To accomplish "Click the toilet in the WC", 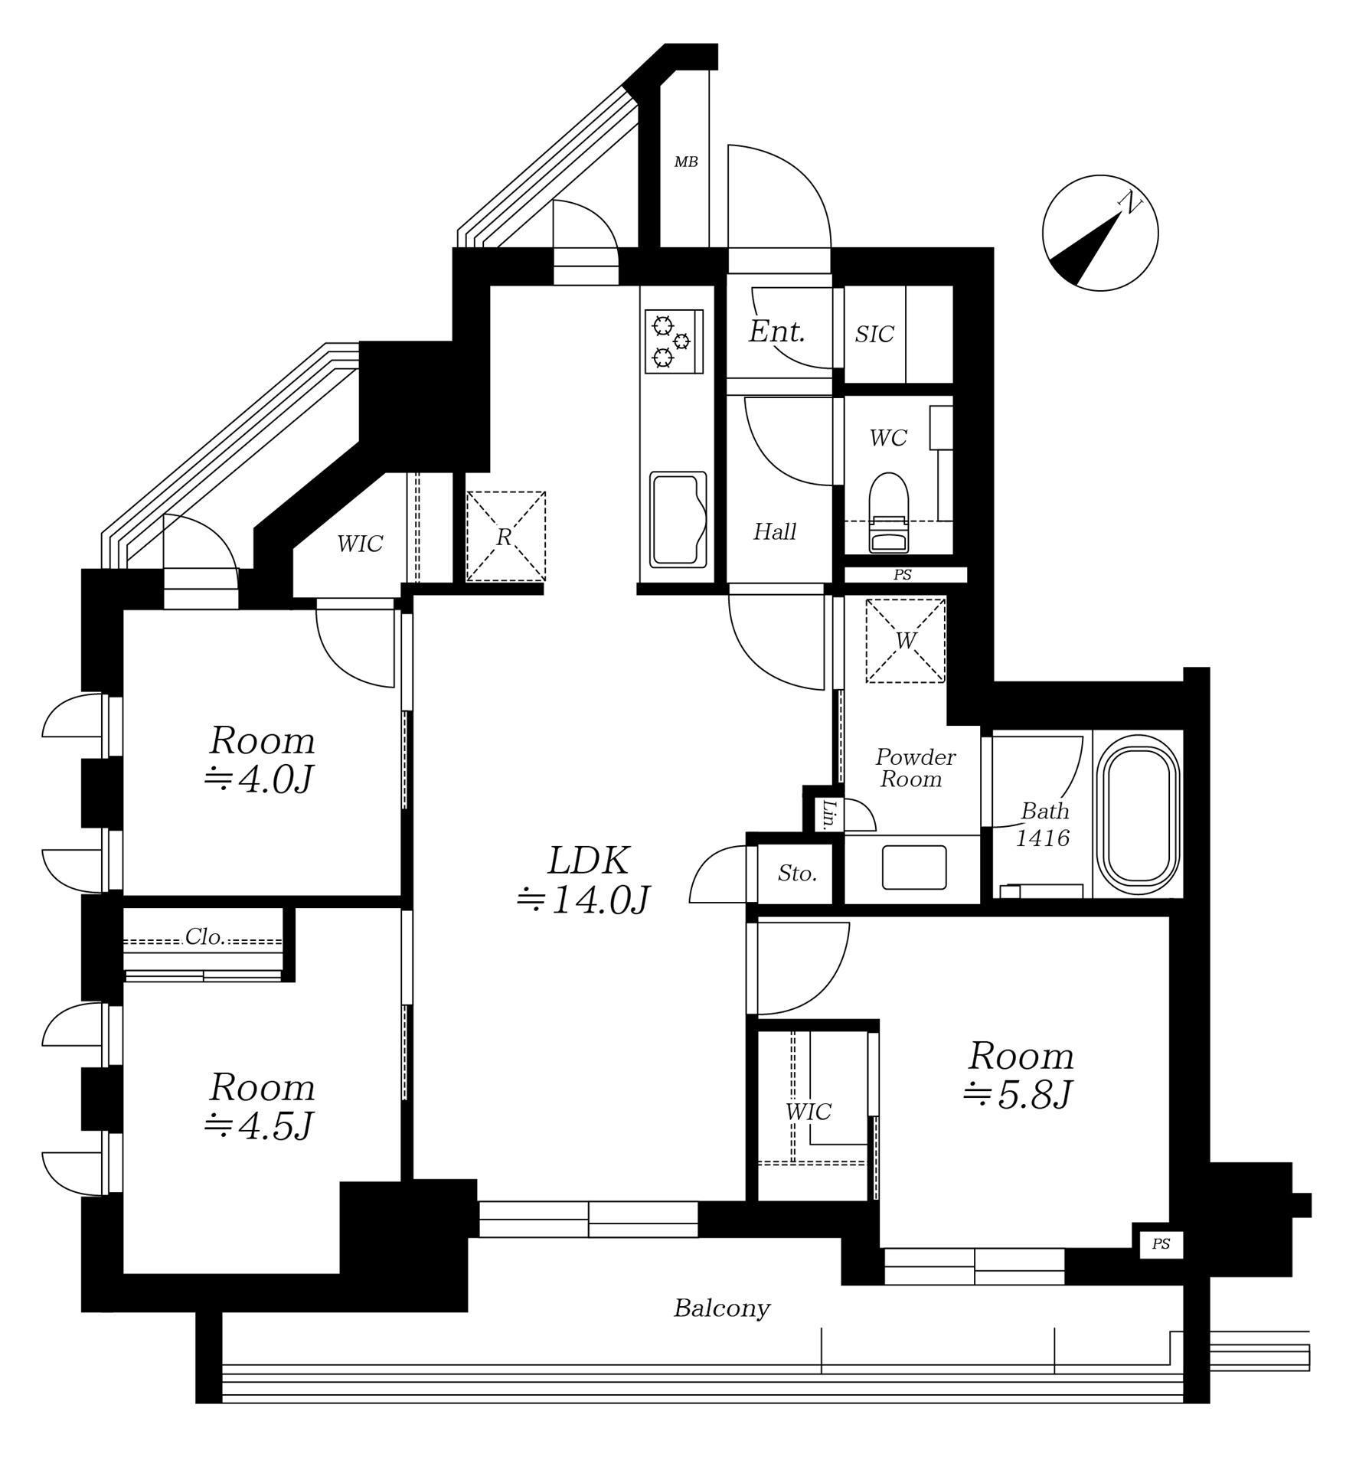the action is point(888,512).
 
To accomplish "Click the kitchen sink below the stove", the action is point(678,520).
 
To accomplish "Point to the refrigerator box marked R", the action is point(505,536).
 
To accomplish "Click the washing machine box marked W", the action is point(905,640).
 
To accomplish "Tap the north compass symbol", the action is point(1100,233).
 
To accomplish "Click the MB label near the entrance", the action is point(685,162).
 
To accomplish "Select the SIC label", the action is point(874,334).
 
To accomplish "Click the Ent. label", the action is point(776,332).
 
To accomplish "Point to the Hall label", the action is point(775,531).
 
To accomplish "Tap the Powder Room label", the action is point(915,768).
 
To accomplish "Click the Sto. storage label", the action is point(797,873).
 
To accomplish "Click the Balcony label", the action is point(721,1308).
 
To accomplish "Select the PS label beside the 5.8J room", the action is point(1161,1244).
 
